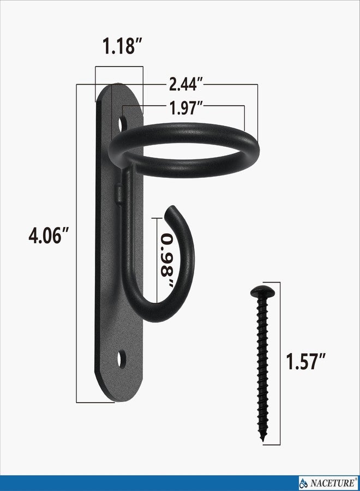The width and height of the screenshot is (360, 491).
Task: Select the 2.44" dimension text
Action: (186, 84)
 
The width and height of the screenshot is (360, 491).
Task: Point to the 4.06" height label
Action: (48, 236)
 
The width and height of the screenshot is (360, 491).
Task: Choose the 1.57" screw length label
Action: (306, 361)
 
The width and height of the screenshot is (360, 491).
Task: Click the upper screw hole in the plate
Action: (123, 123)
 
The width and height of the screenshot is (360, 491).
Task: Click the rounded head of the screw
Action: (262, 291)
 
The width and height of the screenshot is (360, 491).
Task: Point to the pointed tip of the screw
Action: (263, 439)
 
